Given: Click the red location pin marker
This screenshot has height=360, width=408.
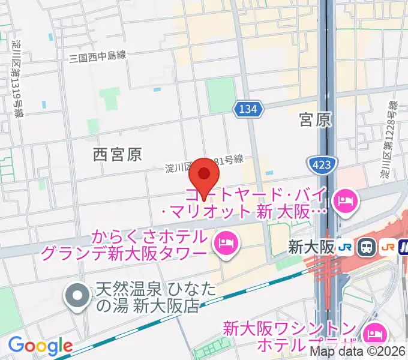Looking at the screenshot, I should (x=204, y=175).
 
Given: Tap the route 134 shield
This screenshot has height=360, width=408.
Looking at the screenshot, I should (x=248, y=109).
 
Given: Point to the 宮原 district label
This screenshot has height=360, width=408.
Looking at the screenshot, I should (x=315, y=120).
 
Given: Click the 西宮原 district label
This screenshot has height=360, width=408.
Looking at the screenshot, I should (x=118, y=155).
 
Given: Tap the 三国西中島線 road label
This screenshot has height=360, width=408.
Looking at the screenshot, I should (x=97, y=56).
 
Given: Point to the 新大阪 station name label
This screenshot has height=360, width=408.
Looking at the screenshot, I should (x=310, y=247).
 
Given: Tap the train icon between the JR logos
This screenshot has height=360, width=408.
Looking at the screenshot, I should (x=365, y=247).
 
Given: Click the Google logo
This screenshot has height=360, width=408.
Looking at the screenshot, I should (x=40, y=346).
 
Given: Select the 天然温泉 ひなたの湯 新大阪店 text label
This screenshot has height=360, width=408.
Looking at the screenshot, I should (x=148, y=298).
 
